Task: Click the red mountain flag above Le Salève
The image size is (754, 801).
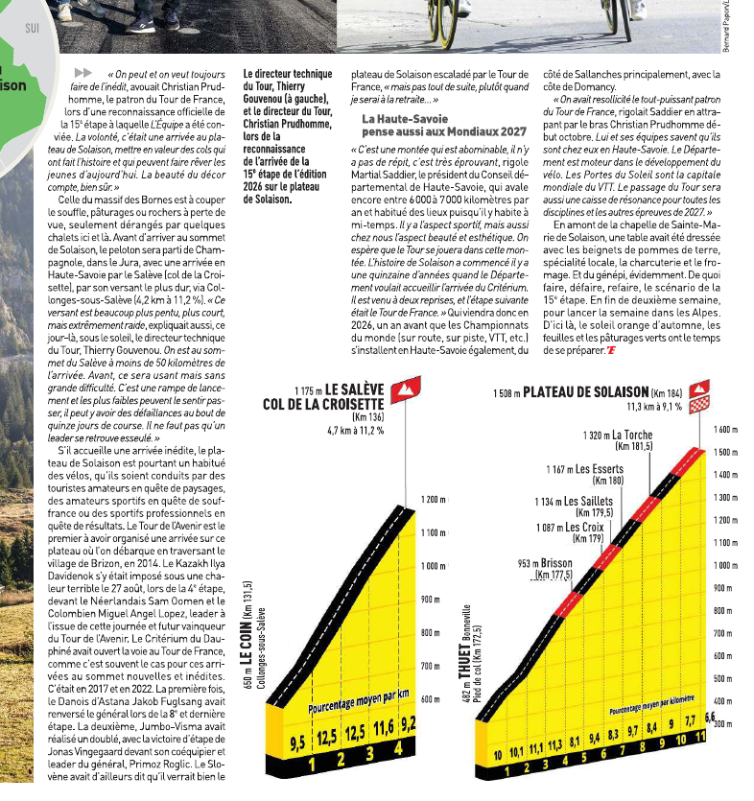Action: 408,389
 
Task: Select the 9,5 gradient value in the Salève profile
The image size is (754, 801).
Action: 297,742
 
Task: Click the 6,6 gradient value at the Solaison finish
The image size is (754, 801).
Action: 711,718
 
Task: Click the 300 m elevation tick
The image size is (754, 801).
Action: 724,724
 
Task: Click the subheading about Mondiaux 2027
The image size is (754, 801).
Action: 431,125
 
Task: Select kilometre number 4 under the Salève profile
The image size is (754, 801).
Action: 396,764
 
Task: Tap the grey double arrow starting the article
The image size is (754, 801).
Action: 83,73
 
